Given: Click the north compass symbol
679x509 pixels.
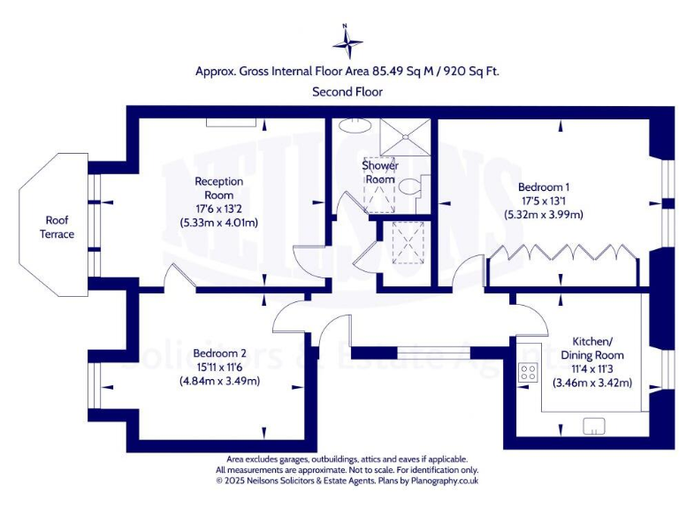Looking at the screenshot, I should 347,42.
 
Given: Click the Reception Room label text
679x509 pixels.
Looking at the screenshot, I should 218,187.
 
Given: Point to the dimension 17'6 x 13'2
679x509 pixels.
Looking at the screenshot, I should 218,209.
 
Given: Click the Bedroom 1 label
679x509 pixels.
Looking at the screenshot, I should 543,187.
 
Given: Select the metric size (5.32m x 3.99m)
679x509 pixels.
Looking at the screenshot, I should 543,215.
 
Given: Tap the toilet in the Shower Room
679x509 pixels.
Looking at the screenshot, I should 410,187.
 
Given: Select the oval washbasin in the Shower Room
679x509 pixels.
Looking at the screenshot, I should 355,125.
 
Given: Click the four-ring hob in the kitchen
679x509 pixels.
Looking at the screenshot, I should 529,372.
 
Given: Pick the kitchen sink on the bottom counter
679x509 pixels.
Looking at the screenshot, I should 593,427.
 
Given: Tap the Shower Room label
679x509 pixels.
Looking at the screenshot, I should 379,172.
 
